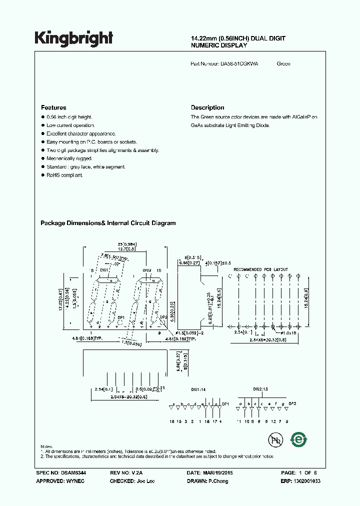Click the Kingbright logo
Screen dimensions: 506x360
pyautogui.click(x=73, y=38)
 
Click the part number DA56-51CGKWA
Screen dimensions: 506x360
pyautogui.click(x=239, y=64)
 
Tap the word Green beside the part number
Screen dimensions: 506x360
pyautogui.click(x=283, y=64)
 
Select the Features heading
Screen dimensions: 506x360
pyautogui.click(x=53, y=107)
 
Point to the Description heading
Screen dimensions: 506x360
pyautogui.click(x=207, y=107)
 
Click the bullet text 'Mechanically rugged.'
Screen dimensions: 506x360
pyautogui.click(x=69, y=158)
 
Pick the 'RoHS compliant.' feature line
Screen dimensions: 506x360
pyautogui.click(x=65, y=175)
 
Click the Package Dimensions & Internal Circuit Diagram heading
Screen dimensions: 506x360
pyautogui.click(x=108, y=223)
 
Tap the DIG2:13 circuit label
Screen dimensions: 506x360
pyautogui.click(x=261, y=388)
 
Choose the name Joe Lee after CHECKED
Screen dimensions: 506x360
pyautogui.click(x=145, y=481)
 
